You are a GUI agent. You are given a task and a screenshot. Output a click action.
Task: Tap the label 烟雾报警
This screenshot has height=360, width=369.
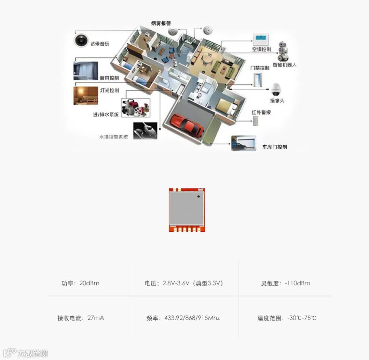(161, 24)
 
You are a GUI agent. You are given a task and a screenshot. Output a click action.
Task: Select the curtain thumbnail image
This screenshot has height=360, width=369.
(86, 71)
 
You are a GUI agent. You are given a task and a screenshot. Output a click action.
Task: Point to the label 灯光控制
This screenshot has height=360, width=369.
(109, 90)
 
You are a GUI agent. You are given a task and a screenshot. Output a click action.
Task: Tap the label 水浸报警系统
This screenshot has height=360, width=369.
(113, 137)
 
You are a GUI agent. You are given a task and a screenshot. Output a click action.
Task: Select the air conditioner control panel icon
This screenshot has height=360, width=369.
(261, 40)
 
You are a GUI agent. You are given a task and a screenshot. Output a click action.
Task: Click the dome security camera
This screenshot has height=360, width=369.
(276, 89)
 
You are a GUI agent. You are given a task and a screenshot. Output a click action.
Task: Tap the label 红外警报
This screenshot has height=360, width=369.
(261, 112)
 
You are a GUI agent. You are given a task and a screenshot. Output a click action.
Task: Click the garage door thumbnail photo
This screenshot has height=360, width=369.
(243, 143)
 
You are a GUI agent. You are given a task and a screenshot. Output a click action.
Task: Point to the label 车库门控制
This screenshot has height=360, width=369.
(274, 147)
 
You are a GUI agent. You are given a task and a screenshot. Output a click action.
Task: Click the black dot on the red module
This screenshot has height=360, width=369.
(198, 197)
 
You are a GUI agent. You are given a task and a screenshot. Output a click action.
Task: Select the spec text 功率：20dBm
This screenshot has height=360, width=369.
(80, 283)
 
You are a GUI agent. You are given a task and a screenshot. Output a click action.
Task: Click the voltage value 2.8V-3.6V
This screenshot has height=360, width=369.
(176, 283)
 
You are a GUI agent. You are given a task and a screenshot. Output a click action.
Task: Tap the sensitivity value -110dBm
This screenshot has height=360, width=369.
(297, 283)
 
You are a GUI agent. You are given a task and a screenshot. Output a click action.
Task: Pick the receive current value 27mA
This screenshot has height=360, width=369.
(96, 318)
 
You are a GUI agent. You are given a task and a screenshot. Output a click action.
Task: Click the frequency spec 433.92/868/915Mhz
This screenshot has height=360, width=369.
(192, 318)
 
